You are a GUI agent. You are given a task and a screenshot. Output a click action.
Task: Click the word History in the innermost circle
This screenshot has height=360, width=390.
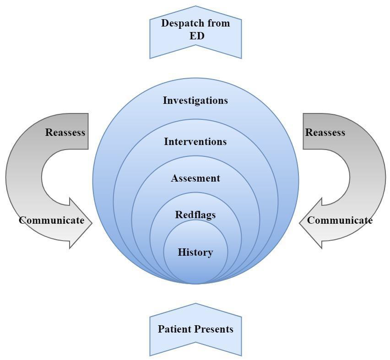coord(195,252)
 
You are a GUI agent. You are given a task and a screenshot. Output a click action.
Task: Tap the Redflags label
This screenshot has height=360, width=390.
coord(195,215)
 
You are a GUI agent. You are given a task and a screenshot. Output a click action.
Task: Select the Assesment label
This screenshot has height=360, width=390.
coord(195,178)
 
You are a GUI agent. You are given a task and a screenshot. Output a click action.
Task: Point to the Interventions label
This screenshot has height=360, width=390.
coord(195,141)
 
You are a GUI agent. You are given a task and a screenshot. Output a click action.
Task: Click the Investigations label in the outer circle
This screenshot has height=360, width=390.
coord(195,100)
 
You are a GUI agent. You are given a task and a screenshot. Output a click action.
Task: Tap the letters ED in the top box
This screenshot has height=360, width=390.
coord(197,35)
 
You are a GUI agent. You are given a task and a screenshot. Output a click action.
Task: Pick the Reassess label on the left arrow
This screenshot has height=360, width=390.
coord(65,132)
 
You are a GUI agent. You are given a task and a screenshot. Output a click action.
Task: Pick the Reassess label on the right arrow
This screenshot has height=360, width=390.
coord(325,132)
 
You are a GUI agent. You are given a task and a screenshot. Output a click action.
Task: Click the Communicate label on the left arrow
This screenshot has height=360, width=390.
coord(51,220)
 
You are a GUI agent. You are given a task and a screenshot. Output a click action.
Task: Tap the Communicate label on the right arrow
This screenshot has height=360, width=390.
coord(340,220)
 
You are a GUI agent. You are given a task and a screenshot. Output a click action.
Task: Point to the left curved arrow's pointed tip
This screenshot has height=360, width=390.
coord(92,223)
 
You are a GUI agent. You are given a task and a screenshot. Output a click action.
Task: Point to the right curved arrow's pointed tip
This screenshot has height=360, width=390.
coord(300,223)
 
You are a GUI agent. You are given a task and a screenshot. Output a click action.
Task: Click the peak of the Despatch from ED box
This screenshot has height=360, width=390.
coord(195,6)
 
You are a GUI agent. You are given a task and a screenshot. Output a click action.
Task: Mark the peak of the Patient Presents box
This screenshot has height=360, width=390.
coord(195,304)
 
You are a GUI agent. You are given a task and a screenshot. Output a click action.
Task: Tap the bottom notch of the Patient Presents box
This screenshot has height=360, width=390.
coord(195,343)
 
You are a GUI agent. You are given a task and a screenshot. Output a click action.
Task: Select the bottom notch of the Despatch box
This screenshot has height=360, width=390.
coord(195,46)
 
